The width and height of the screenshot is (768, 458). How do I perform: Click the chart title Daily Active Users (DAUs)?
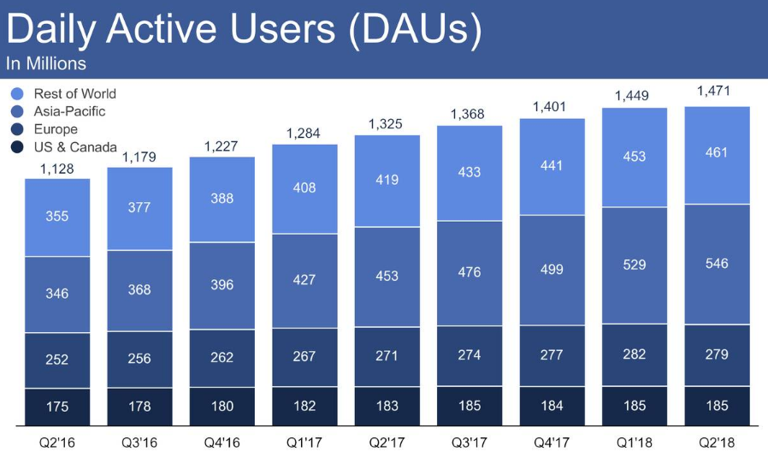[x=243, y=29]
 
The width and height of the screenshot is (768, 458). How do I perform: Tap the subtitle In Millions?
[x=46, y=63]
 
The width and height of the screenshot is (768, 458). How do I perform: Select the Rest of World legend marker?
[x=17, y=93]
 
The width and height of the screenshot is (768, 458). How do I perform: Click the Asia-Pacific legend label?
[x=70, y=111]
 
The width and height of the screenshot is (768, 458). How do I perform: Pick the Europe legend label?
[x=56, y=129]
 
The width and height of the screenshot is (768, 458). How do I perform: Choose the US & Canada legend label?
[x=75, y=147]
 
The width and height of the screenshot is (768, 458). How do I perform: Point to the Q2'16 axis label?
[x=56, y=443]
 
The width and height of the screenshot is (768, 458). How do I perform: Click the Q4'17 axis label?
[x=552, y=443]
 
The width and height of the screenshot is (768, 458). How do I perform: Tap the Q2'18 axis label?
[x=717, y=443]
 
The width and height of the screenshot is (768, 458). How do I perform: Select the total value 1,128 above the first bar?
[x=56, y=170]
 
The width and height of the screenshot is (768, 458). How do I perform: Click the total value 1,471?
[x=717, y=90]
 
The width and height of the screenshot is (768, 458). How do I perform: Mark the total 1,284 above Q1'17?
[x=304, y=133]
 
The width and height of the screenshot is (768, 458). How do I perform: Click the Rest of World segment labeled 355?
[x=56, y=217]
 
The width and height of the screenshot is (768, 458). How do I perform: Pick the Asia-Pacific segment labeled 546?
[x=717, y=263]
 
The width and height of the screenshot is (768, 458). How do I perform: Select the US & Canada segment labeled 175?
[x=56, y=407]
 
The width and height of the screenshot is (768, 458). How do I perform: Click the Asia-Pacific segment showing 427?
[x=304, y=280]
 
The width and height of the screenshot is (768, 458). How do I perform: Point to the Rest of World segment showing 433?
[x=470, y=172]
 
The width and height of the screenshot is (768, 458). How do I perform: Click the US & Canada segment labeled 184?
[x=552, y=407]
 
